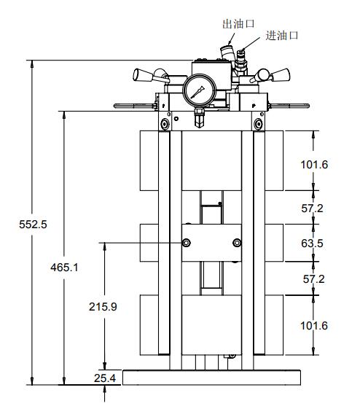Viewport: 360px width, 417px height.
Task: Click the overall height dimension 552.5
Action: (33, 225)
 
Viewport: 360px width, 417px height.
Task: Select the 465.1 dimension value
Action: (65, 268)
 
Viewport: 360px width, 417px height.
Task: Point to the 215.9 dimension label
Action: (103, 307)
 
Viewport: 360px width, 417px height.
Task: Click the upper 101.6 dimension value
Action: (314, 164)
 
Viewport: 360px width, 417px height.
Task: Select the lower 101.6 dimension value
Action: (314, 325)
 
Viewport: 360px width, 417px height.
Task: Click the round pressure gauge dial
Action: (197, 91)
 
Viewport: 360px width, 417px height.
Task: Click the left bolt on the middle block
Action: (187, 243)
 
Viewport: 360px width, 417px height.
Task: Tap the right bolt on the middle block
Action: (235, 243)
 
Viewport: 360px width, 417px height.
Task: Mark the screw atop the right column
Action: (257, 125)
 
